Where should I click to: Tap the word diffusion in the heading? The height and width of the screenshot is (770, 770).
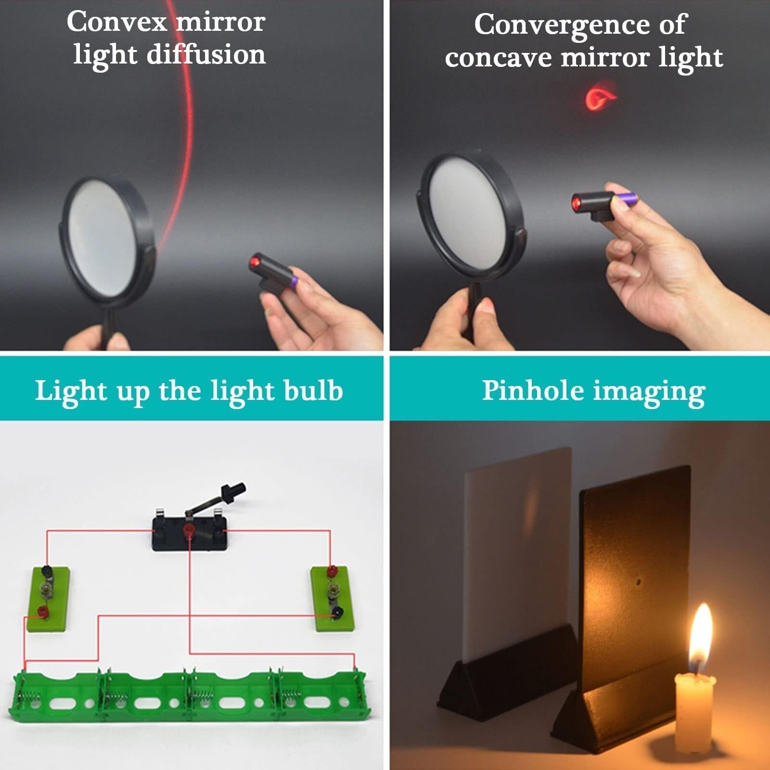click(206, 54)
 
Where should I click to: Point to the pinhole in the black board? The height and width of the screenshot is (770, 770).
click(639, 582)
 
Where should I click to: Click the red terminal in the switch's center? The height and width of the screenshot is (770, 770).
click(189, 531)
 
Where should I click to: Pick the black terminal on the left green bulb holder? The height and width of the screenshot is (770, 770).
click(47, 572)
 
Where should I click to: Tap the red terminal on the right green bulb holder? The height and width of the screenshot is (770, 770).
click(331, 572)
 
